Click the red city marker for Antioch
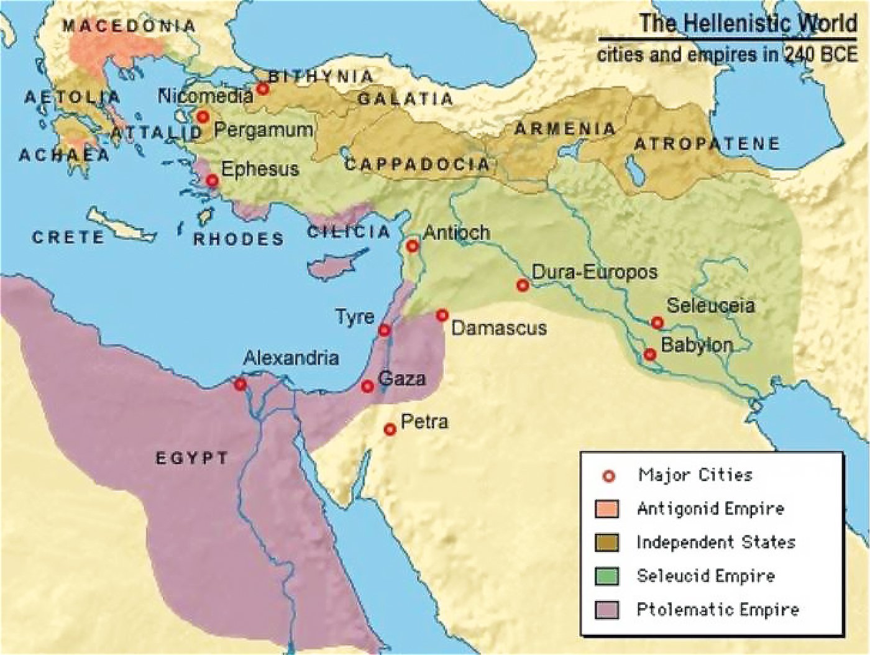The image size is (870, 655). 412,246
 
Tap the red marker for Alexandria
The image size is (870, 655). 240,385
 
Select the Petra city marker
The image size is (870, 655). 390,429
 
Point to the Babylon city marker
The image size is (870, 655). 650,354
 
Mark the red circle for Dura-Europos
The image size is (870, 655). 523,285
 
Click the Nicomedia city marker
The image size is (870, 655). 263,89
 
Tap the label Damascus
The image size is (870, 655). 498,328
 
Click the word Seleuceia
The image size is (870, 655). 710,306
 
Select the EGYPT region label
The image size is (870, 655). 192,459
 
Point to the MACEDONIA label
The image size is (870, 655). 129,26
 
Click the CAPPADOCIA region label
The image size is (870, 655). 417,165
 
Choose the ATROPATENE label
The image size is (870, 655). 707,144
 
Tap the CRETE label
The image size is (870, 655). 68,237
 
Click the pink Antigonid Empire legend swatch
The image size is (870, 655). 607,509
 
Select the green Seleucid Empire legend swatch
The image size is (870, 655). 607,576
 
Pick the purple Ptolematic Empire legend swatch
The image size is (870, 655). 607,610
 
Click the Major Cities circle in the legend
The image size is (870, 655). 608,476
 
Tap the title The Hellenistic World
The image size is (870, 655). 748,24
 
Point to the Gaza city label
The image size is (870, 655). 401,378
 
